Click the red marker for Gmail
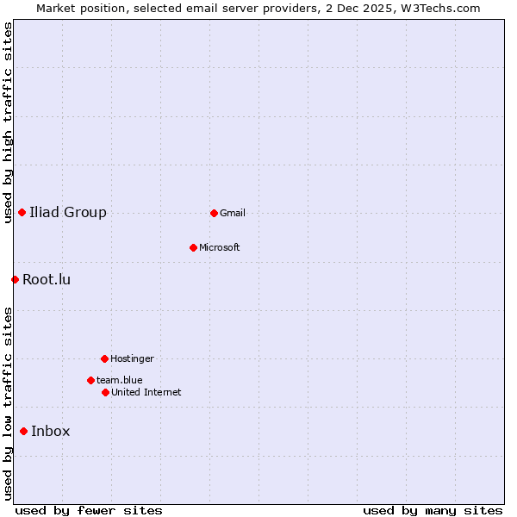pyautogui.click(x=214, y=213)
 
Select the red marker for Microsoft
pyautogui.click(x=193, y=247)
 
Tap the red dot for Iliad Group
pyautogui.click(x=22, y=213)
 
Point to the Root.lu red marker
pyautogui.click(x=15, y=279)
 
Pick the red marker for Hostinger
pyautogui.click(x=104, y=358)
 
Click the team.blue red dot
pyautogui.click(x=90, y=380)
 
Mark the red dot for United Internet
pyautogui.click(x=105, y=392)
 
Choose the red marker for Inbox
pyautogui.click(x=23, y=432)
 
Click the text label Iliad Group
pyautogui.click(x=68, y=213)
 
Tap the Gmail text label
pyautogui.click(x=233, y=213)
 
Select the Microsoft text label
pyautogui.click(x=220, y=247)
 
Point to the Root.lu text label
pyautogui.click(x=47, y=279)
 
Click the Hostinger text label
pyautogui.click(x=132, y=358)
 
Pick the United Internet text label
pyautogui.click(x=146, y=392)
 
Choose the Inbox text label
pyautogui.click(x=51, y=432)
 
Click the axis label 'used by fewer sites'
pyautogui.click(x=89, y=511)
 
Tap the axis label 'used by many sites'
pyautogui.click(x=433, y=511)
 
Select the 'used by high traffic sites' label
pyautogui.click(x=8, y=122)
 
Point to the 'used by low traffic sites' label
pyautogui.click(x=8, y=403)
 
